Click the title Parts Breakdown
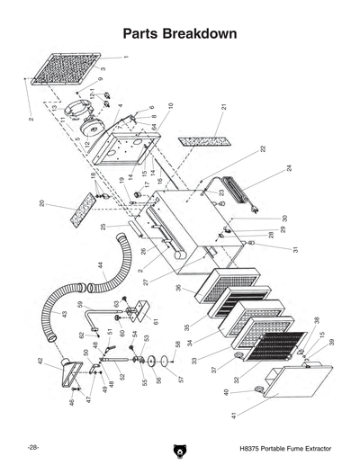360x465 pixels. pos(179,33)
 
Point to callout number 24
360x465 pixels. pos(290,168)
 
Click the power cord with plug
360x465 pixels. pos(241,192)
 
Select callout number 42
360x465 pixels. pos(40,361)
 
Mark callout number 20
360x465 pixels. pos(41,203)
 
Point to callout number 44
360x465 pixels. pos(100,266)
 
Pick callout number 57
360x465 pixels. pos(178,379)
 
